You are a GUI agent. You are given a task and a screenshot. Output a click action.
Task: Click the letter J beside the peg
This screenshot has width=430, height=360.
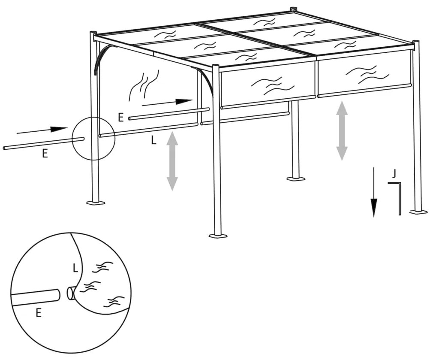[x=394, y=174]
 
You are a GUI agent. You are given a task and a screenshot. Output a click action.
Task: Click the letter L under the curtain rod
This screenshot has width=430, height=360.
[x=153, y=140]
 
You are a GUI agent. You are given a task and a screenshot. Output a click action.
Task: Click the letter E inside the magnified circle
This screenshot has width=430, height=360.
[x=38, y=314]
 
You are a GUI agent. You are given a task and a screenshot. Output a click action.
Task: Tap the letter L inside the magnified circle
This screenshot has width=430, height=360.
[x=75, y=269]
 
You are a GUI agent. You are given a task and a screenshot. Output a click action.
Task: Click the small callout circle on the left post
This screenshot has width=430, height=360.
[x=93, y=138]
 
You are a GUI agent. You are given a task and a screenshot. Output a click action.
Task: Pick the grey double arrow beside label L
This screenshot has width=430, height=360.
[x=172, y=160]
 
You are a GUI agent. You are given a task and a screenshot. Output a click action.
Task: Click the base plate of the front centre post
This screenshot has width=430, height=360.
[x=218, y=236]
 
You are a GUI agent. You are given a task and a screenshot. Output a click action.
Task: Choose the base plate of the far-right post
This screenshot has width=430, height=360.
[x=418, y=211]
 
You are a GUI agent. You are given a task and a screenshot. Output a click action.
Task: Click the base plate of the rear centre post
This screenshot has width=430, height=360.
[x=296, y=178]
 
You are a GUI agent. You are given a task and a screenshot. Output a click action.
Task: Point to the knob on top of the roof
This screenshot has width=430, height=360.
[x=294, y=9]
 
